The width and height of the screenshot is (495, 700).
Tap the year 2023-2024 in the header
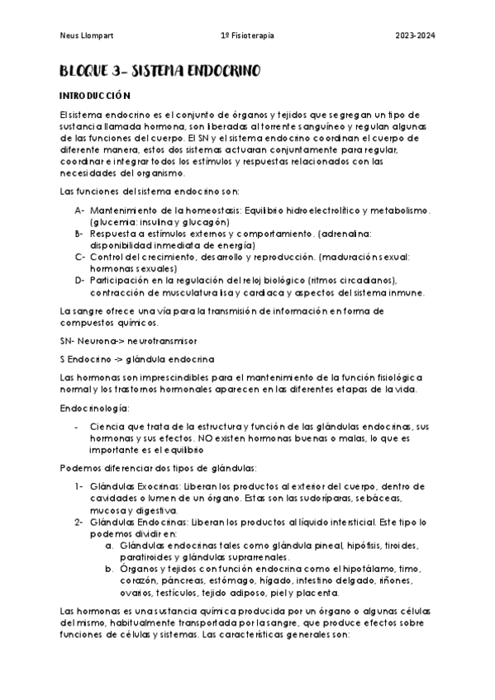pos(415,35)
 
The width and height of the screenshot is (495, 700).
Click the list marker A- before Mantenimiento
pos(79,210)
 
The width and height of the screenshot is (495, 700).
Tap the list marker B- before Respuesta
pos(79,234)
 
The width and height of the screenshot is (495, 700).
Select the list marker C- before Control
pos(79,257)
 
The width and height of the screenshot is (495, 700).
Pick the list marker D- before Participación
pos(79,280)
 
